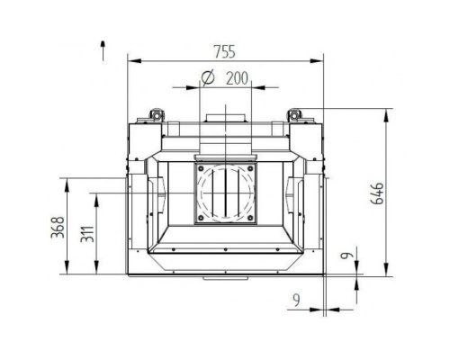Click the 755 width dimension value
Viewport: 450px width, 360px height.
225,51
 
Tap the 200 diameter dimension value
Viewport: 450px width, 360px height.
237,78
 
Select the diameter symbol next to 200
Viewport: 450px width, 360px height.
208,77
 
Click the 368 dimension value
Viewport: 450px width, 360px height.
58,227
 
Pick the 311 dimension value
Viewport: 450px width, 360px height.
87,234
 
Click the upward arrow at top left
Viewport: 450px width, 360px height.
103,50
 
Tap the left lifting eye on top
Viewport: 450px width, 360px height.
157,115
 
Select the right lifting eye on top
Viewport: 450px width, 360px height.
294,115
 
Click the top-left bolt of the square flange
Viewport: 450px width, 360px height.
201,168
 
